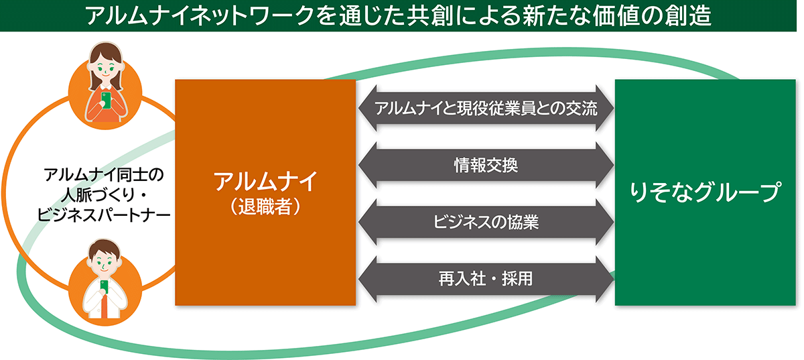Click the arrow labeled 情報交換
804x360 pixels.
(486, 166)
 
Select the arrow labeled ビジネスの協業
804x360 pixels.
(486, 222)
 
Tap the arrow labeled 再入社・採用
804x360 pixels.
(486, 279)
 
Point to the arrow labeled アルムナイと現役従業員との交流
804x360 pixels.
(486, 108)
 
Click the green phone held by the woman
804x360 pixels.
(106, 99)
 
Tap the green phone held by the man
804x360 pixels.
(104, 287)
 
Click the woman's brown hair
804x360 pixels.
(105, 58)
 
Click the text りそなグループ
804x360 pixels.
(706, 192)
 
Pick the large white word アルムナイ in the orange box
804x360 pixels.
(265, 182)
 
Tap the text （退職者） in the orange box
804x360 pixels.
(265, 206)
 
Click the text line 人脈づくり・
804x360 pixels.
(104, 195)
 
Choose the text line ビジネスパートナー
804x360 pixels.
(104, 215)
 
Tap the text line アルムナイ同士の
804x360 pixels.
(104, 175)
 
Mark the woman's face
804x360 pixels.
(105, 69)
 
